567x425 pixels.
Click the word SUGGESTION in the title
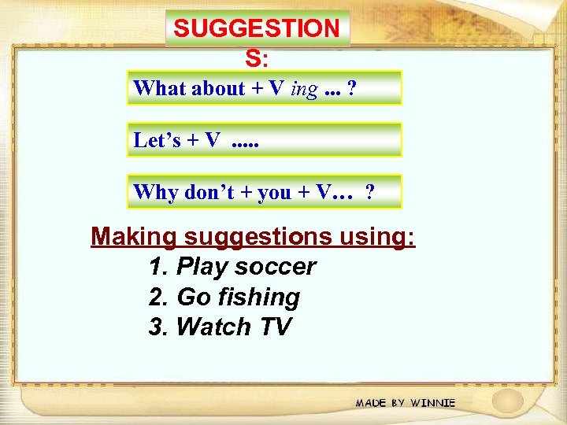pyautogui.click(x=257, y=29)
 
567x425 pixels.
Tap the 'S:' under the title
pyautogui.click(x=257, y=59)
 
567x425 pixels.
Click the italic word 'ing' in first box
pyautogui.click(x=304, y=88)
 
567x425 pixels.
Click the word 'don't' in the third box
pyautogui.click(x=207, y=192)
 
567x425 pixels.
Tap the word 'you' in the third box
pyautogui.click(x=274, y=193)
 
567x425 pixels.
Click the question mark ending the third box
pyautogui.click(x=369, y=192)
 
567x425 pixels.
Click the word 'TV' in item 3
pyautogui.click(x=274, y=327)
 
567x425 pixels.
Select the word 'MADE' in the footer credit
pyautogui.click(x=371, y=403)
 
